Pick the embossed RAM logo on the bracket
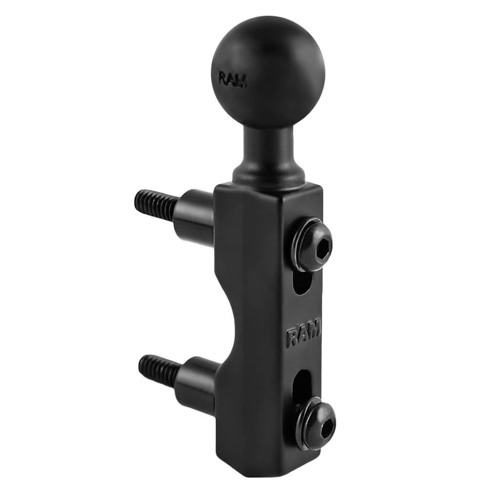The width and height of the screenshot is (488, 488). [x=303, y=333]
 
